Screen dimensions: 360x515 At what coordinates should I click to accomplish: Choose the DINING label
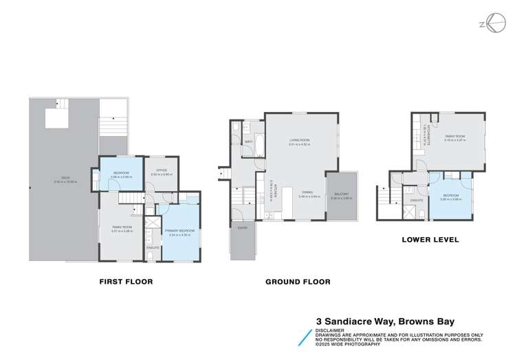305,194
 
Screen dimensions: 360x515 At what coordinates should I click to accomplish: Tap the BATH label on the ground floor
248,142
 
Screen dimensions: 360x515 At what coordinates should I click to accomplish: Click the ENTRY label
242,227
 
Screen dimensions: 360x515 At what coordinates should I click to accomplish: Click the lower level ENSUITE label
417,200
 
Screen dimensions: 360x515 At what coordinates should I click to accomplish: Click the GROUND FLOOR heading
298,282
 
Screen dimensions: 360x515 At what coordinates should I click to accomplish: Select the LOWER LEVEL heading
430,240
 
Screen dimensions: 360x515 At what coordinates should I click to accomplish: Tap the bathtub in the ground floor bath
249,142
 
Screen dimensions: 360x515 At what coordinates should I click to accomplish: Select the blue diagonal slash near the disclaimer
304,336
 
